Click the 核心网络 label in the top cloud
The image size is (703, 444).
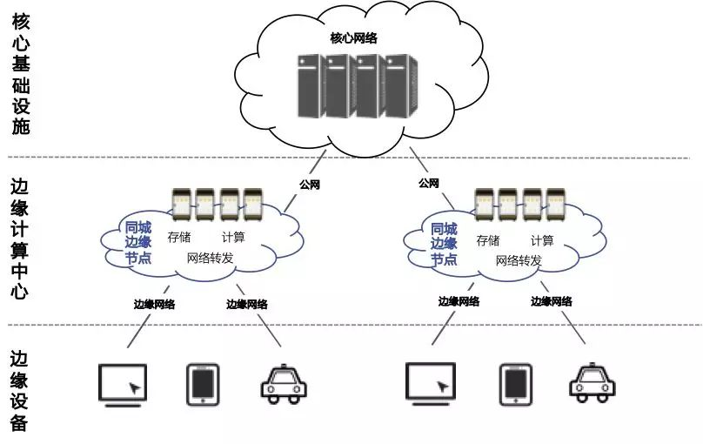tap(353, 38)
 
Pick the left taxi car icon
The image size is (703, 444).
tap(285, 383)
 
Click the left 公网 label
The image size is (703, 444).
tap(311, 185)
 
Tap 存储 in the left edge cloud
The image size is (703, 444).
tap(180, 238)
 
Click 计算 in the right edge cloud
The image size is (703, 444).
tap(541, 239)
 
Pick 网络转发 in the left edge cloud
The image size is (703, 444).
tap(211, 259)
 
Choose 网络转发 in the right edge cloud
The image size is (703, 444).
tap(519, 260)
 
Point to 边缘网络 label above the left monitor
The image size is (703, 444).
tap(154, 304)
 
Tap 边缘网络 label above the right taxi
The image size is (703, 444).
tap(552, 301)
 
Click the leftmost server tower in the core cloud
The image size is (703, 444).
tap(309, 85)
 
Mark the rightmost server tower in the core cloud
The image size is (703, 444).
tap(397, 85)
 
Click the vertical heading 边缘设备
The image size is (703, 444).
tap(20, 391)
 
